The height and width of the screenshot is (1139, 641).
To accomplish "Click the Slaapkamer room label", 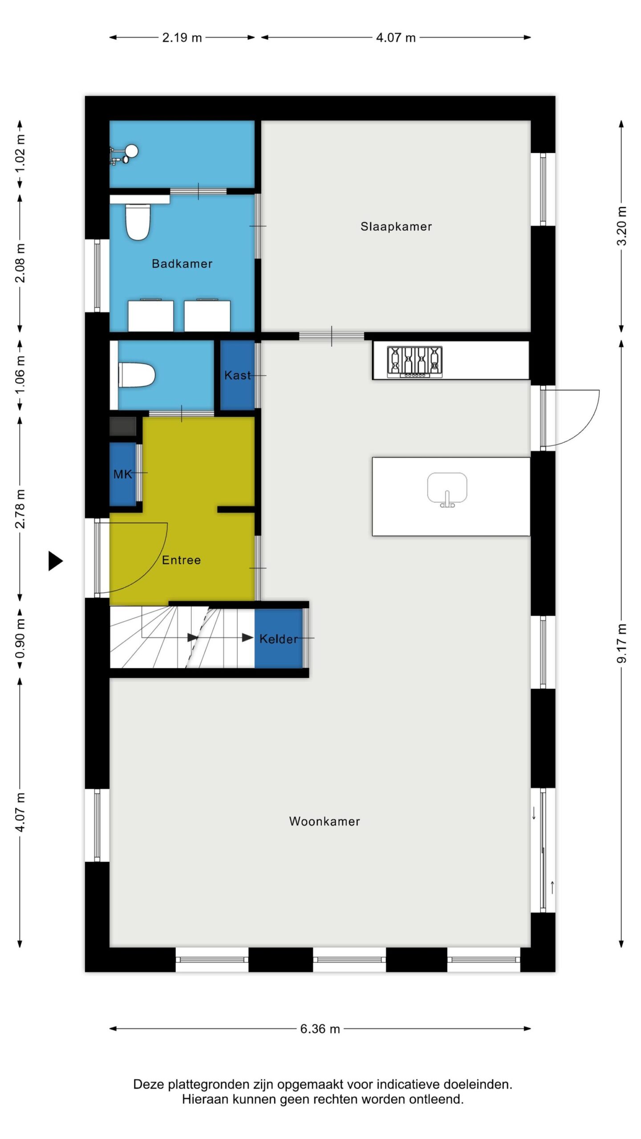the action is [x=396, y=226].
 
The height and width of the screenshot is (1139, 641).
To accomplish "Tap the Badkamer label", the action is [x=182, y=263].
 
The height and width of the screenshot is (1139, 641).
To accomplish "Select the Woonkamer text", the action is [x=325, y=821].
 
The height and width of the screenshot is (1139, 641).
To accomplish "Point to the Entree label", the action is [x=181, y=560].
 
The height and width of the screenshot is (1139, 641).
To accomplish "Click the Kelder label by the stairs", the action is [x=279, y=639].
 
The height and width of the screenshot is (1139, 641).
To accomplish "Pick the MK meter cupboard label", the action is [x=123, y=474].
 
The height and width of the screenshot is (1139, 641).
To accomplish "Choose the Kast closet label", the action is [x=238, y=376].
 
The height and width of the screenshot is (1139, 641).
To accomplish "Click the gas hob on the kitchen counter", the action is [x=415, y=362].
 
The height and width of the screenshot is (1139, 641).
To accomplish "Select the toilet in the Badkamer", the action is [x=138, y=222].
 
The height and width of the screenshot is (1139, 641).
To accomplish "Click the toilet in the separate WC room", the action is [x=137, y=375].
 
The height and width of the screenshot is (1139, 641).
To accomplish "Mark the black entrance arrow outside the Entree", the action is [x=56, y=561].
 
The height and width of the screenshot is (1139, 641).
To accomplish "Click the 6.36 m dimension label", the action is [x=320, y=1029].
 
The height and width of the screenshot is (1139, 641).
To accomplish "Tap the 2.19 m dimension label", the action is [x=182, y=38].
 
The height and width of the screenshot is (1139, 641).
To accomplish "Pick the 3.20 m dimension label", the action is [x=622, y=226].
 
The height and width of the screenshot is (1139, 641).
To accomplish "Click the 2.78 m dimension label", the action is [x=20, y=509].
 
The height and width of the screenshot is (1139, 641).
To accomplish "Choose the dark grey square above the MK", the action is [x=123, y=426].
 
